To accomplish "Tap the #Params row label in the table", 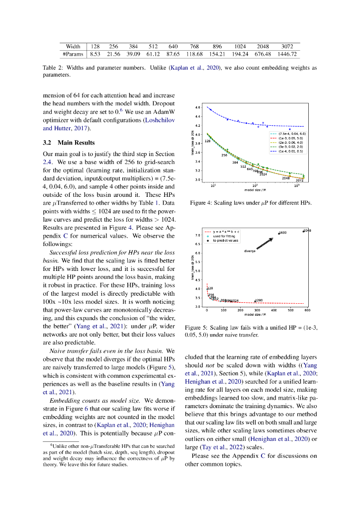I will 73,54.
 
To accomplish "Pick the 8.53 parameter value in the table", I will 95,54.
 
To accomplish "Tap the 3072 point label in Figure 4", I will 300,180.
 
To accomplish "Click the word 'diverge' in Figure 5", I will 250,251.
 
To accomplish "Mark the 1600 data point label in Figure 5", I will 282,233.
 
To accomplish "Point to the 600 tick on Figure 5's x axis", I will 307,310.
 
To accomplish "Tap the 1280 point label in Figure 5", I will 259,300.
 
